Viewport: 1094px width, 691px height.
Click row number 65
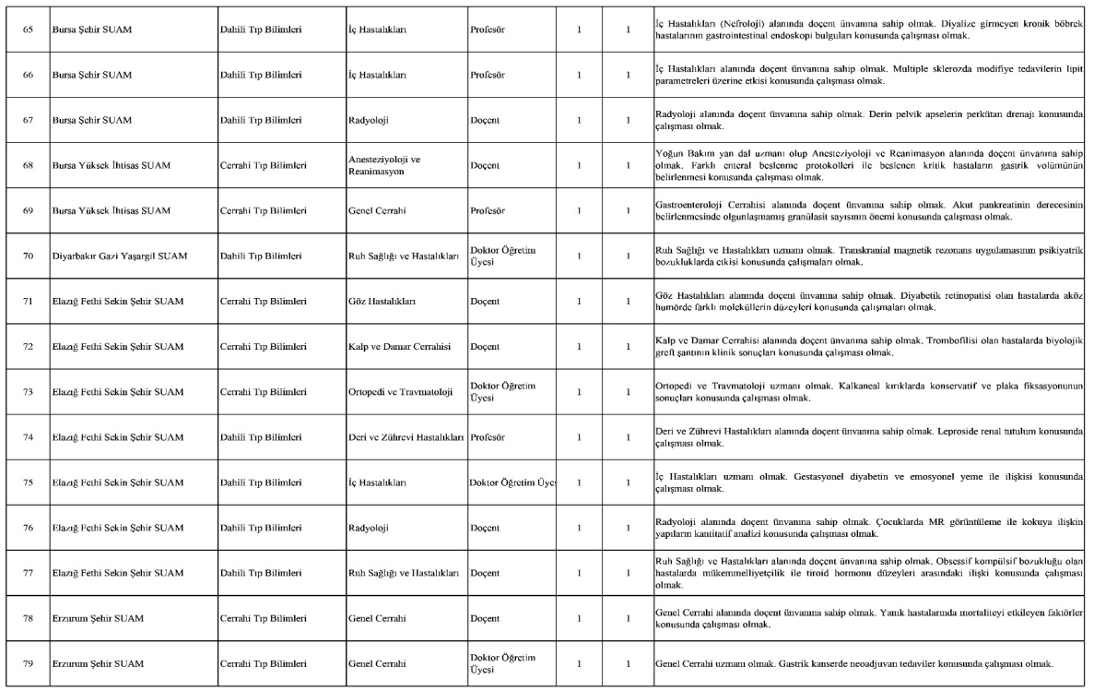point(28,30)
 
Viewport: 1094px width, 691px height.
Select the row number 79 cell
point(28,663)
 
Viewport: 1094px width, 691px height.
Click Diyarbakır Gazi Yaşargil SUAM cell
point(119,256)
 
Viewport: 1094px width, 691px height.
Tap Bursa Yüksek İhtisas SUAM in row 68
point(111,166)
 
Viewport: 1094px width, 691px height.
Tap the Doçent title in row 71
point(485,302)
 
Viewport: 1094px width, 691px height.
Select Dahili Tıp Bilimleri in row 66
point(262,76)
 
